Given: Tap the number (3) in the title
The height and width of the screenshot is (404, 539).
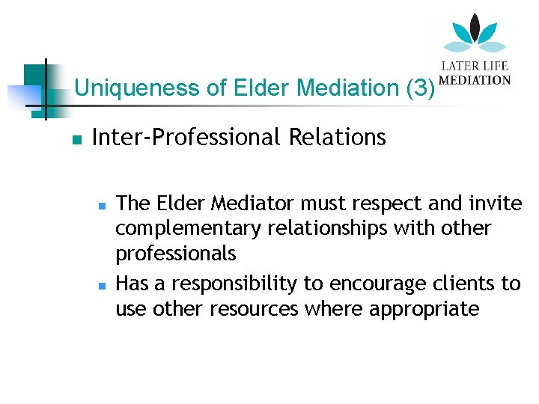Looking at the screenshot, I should pyautogui.click(x=420, y=89).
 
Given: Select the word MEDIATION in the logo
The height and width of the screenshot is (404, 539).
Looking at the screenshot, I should pyautogui.click(x=475, y=80).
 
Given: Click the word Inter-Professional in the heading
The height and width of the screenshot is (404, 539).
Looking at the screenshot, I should pyautogui.click(x=180, y=138).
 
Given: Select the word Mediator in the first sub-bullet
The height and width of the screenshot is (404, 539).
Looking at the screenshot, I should pyautogui.click(x=246, y=203).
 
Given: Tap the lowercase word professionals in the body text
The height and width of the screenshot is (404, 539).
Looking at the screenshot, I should pyautogui.click(x=175, y=254).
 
